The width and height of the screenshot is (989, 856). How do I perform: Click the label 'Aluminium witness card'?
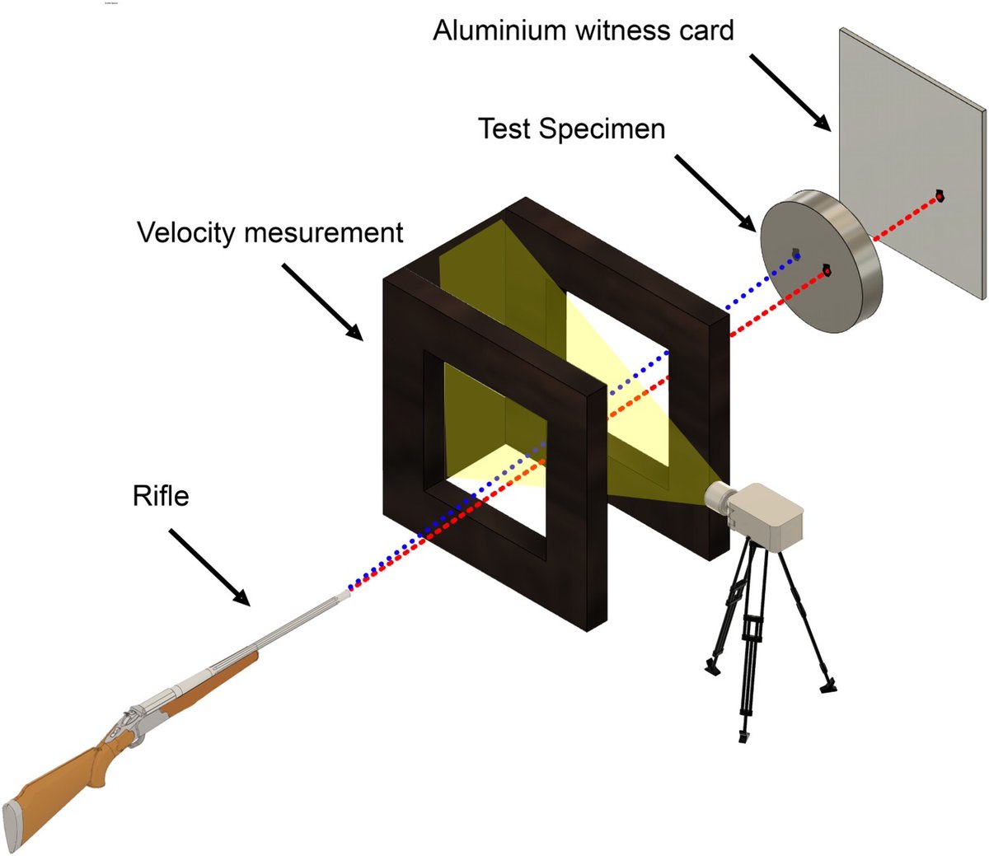583,30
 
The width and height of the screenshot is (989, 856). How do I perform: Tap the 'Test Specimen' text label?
571,129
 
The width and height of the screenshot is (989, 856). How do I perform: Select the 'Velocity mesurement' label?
270,232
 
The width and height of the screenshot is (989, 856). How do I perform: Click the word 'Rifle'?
161,496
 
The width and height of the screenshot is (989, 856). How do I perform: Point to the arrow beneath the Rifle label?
209,568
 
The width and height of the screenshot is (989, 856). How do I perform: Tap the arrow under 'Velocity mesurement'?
322,302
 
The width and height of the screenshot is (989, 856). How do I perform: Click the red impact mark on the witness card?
938,195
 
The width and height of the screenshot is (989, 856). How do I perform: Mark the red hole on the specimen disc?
827,270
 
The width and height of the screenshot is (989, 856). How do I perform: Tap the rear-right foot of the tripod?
828,685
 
